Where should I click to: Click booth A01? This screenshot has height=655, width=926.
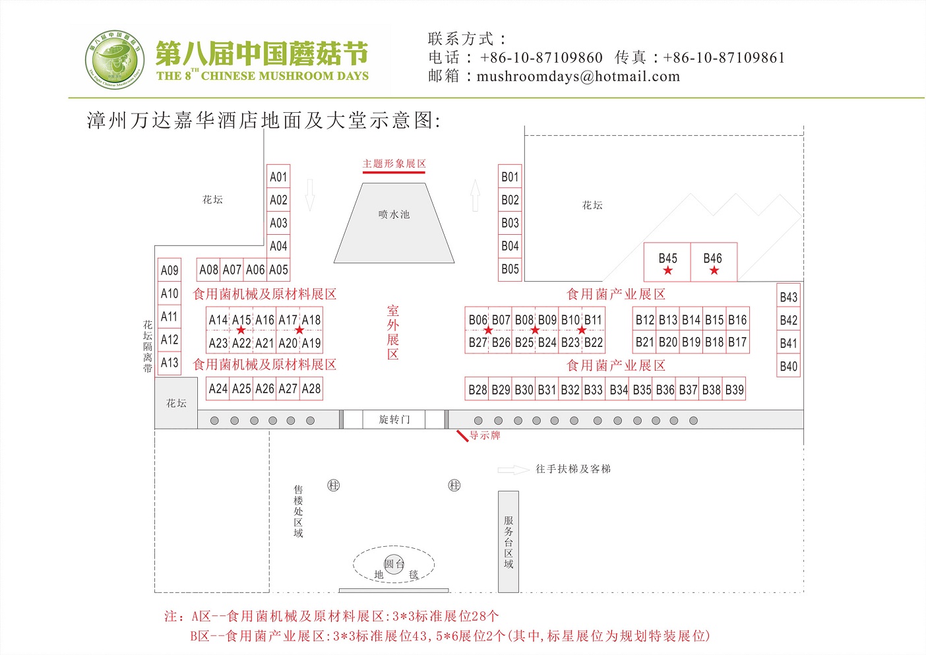(278, 177)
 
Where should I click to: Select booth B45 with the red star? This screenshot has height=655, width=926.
(667, 263)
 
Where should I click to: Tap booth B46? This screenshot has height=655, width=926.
(713, 263)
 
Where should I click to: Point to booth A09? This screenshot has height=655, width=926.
(170, 270)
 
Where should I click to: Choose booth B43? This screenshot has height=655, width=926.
(789, 297)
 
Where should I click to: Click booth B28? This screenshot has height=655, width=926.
(478, 390)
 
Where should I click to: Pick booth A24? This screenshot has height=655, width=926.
(218, 389)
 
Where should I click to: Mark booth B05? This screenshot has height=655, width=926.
(510, 269)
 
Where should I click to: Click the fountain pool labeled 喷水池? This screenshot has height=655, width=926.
(394, 224)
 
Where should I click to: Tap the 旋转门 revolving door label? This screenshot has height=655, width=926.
(394, 420)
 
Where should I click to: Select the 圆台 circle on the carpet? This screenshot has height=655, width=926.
(394, 565)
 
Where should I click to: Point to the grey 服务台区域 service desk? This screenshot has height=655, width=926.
(509, 542)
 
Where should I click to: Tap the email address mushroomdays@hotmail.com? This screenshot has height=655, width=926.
(578, 77)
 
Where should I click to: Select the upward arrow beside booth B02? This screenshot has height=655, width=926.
(475, 195)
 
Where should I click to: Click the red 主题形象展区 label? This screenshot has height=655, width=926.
(394, 164)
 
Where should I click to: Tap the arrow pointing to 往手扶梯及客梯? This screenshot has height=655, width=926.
(513, 470)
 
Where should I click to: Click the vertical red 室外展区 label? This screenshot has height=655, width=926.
(393, 332)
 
